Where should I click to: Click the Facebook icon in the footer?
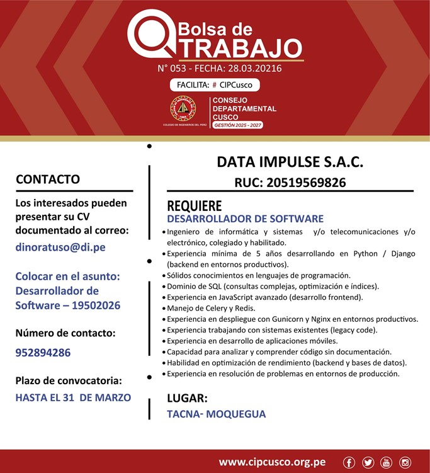(x=349, y=463)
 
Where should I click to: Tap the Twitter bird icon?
(x=368, y=463)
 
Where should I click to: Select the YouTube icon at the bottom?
(x=386, y=463)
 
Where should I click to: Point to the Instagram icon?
(x=405, y=463)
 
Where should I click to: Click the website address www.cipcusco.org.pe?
(x=272, y=462)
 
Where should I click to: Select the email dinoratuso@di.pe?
(x=60, y=248)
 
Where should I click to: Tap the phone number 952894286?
(x=43, y=353)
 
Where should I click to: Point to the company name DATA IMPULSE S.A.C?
(x=290, y=162)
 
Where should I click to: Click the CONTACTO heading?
(x=48, y=180)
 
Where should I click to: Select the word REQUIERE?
(x=194, y=206)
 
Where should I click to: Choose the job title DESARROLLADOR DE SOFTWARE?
(x=245, y=219)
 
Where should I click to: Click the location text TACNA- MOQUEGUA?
(x=216, y=414)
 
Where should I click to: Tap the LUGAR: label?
(x=187, y=398)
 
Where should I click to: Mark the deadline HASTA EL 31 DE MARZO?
(x=73, y=397)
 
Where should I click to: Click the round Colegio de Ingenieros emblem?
(x=183, y=110)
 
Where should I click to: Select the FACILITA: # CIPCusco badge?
(x=215, y=84)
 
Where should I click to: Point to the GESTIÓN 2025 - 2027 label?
(x=238, y=125)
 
